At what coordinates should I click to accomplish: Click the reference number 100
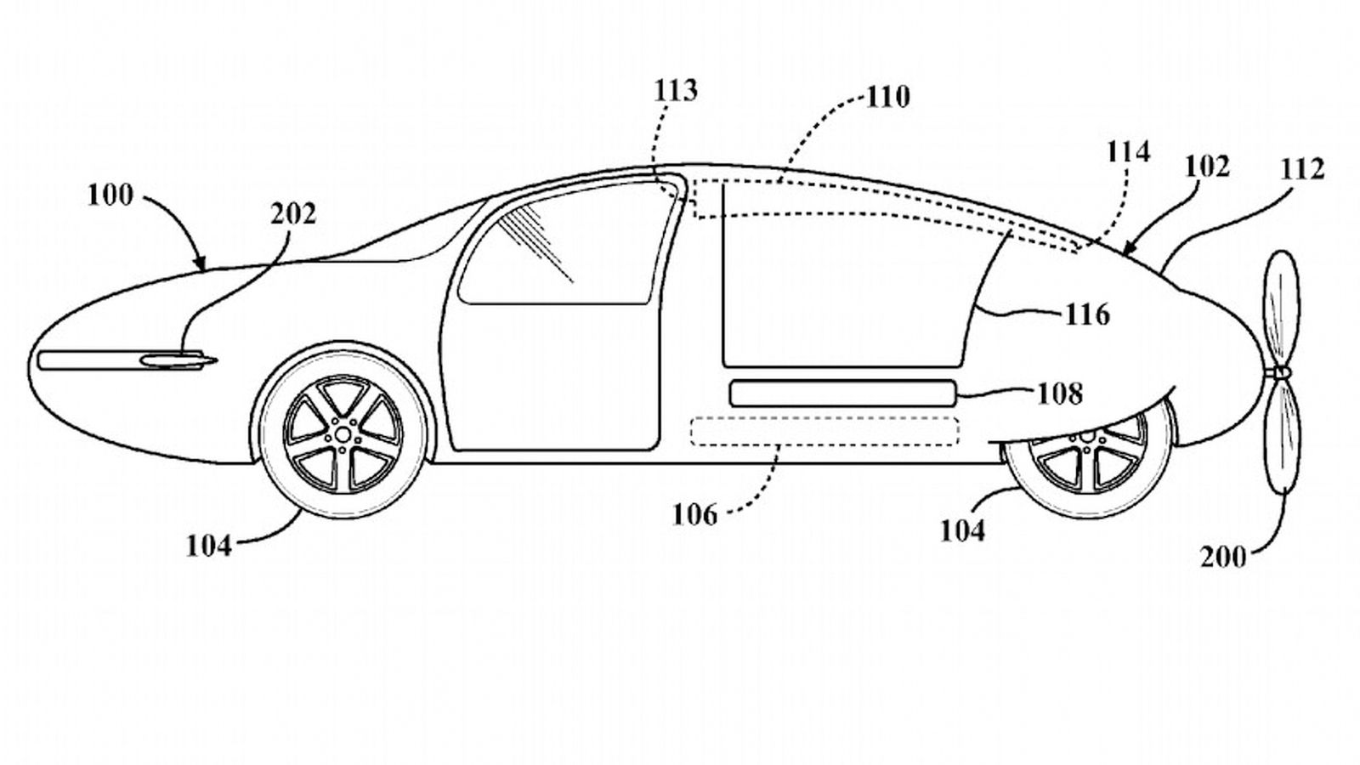[x=110, y=195]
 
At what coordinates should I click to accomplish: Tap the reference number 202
[x=293, y=213]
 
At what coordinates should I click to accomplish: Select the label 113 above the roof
[x=676, y=90]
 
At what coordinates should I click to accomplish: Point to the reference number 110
[x=888, y=97]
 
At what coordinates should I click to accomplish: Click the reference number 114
[x=1128, y=152]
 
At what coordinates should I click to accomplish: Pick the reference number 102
[x=1206, y=166]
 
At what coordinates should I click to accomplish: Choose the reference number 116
[x=1088, y=314]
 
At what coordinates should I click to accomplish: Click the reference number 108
[x=1060, y=394]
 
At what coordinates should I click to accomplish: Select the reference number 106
[x=694, y=514]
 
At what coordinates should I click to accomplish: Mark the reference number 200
[x=1223, y=557]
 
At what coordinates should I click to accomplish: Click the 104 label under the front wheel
[x=209, y=546]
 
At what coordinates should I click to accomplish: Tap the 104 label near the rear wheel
[x=962, y=530]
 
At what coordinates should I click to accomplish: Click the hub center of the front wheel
[x=343, y=433]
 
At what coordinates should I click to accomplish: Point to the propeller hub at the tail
[x=1278, y=373]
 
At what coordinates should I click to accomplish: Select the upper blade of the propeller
[x=1281, y=310]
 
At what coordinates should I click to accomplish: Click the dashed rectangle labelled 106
[x=824, y=431]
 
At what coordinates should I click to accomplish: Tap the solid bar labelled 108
[x=841, y=393]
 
